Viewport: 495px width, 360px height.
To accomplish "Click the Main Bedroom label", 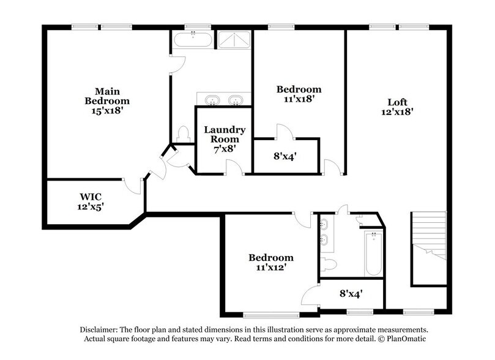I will coord(107,96).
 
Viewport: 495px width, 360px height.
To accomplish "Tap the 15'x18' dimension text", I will coord(107,111).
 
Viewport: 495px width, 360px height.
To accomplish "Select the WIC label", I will coord(90,197).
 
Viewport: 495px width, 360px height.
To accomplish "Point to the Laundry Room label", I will coord(225,134).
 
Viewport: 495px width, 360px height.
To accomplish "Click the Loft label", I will coord(397,102).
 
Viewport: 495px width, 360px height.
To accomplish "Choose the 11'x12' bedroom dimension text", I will coord(270,268).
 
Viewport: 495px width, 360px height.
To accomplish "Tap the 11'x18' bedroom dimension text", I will coord(299,98).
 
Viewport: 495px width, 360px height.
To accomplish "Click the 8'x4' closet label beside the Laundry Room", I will coord(285,156).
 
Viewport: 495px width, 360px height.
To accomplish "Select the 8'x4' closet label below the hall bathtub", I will coord(351,293).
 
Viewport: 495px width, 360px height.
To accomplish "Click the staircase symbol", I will coord(428,236).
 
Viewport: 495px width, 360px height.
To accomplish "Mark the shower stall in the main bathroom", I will coord(234,40).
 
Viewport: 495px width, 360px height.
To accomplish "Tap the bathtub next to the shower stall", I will coord(193,41).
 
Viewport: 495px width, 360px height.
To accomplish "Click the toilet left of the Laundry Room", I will coord(183,133).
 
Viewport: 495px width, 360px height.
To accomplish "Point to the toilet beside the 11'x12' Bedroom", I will coord(329,264).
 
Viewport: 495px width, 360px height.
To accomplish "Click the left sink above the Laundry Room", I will coord(212,99).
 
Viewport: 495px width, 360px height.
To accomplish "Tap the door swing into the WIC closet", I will coord(135,185).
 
